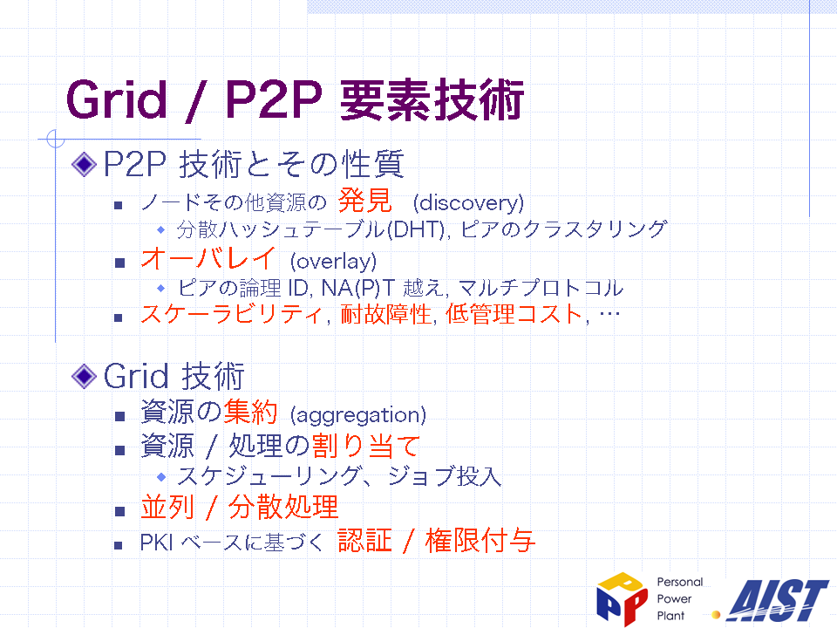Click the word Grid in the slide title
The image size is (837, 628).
coord(116,99)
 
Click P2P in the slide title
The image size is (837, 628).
coord(274,99)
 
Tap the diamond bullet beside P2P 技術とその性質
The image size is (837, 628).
coord(84,164)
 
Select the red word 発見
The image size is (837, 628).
coord(365,201)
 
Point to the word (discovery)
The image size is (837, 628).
coord(469,203)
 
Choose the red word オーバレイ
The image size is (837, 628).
coord(208,258)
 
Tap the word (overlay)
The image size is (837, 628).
coord(334,261)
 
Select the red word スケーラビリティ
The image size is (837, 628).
coord(232,314)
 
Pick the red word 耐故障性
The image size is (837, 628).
coord(385,314)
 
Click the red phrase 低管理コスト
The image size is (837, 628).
coord(514,314)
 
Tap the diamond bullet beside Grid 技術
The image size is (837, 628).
coord(84,376)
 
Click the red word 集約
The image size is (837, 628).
coord(250,413)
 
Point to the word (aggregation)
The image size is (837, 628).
coord(358,415)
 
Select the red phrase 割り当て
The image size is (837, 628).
coord(366,446)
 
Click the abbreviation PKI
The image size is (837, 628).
coord(156,543)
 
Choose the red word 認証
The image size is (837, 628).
coord(365,541)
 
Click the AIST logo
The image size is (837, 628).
coord(777,600)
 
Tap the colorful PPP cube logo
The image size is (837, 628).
coord(623,598)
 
